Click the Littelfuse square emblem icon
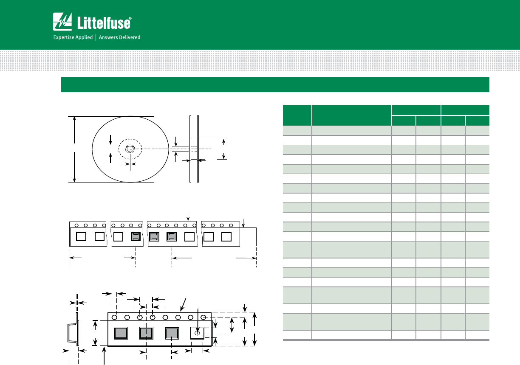[62, 22]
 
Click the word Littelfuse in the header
[104, 23]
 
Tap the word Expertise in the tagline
[63, 37]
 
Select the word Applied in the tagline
[83, 37]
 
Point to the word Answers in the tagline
[108, 37]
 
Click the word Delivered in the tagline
[130, 37]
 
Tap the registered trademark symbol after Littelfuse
[130, 18]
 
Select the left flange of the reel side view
[190, 149]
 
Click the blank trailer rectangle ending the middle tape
[248, 236]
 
